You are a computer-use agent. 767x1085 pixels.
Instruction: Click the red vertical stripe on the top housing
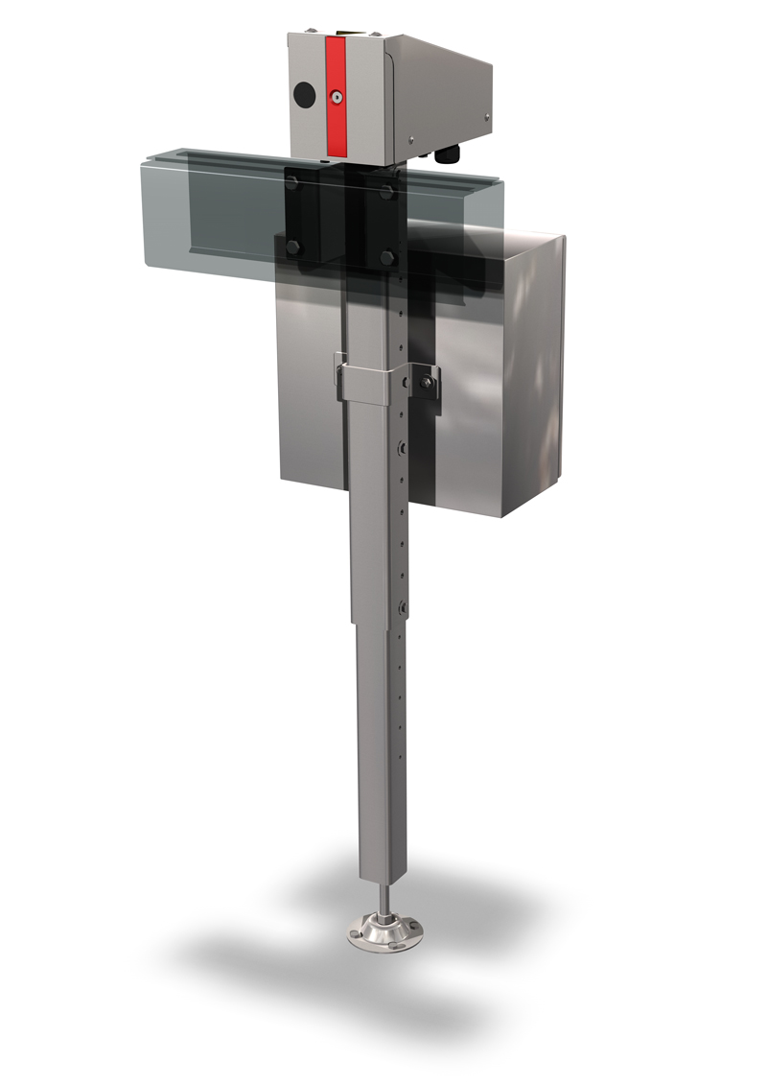pyautogui.click(x=337, y=96)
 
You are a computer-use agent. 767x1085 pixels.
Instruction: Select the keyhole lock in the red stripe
pyautogui.click(x=337, y=98)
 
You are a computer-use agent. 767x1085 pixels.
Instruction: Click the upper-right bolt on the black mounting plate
pyautogui.click(x=387, y=192)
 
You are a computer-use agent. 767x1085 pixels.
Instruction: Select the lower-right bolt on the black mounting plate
pyautogui.click(x=387, y=257)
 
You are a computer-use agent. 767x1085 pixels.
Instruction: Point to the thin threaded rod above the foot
pyautogui.click(x=383, y=897)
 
